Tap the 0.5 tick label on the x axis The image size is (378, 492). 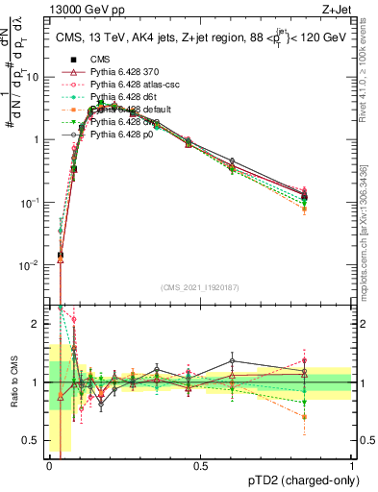point(201,465)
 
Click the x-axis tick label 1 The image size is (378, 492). point(351,465)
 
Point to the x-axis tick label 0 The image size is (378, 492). point(50,465)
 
